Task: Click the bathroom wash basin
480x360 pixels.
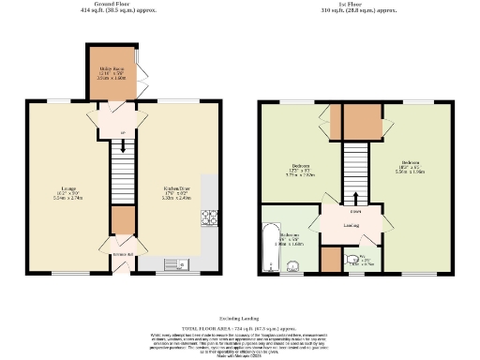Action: (293, 265)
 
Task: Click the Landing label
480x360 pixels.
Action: (352, 225)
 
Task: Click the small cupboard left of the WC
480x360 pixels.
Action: (330, 259)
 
